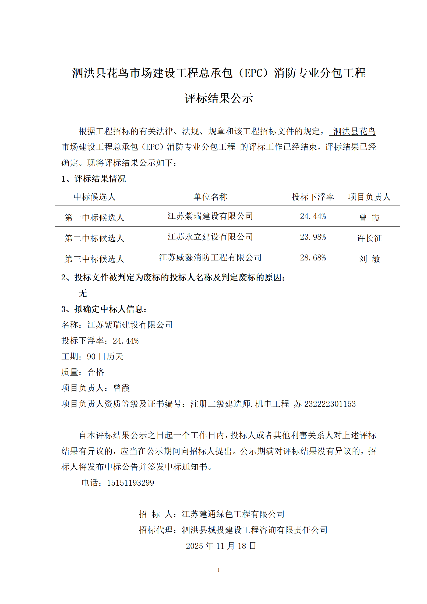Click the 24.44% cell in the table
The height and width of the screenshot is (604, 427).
click(313, 216)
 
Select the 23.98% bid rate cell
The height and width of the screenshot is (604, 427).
click(313, 237)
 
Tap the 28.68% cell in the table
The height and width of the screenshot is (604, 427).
click(313, 258)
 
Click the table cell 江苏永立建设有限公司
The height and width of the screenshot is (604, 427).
click(210, 237)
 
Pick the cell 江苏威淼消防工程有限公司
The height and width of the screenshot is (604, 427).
click(210, 257)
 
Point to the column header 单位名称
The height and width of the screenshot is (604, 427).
click(210, 197)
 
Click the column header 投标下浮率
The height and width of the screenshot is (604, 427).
click(313, 197)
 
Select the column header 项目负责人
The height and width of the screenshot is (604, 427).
click(369, 197)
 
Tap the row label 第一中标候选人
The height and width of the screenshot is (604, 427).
click(94, 217)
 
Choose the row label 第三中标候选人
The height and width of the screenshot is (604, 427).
click(94, 259)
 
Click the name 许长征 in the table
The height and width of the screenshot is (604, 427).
click(369, 238)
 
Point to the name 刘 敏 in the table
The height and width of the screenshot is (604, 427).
click(369, 259)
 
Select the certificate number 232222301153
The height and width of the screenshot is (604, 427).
click(330, 404)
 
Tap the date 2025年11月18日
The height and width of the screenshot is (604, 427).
click(221, 546)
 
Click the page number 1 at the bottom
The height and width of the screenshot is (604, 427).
click(219, 570)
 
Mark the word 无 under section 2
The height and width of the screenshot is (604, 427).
click(83, 293)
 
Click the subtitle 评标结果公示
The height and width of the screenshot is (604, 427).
click(219, 98)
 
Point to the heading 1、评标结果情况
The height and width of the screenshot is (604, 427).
click(94, 179)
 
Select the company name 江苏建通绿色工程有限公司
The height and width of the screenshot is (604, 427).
click(233, 514)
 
